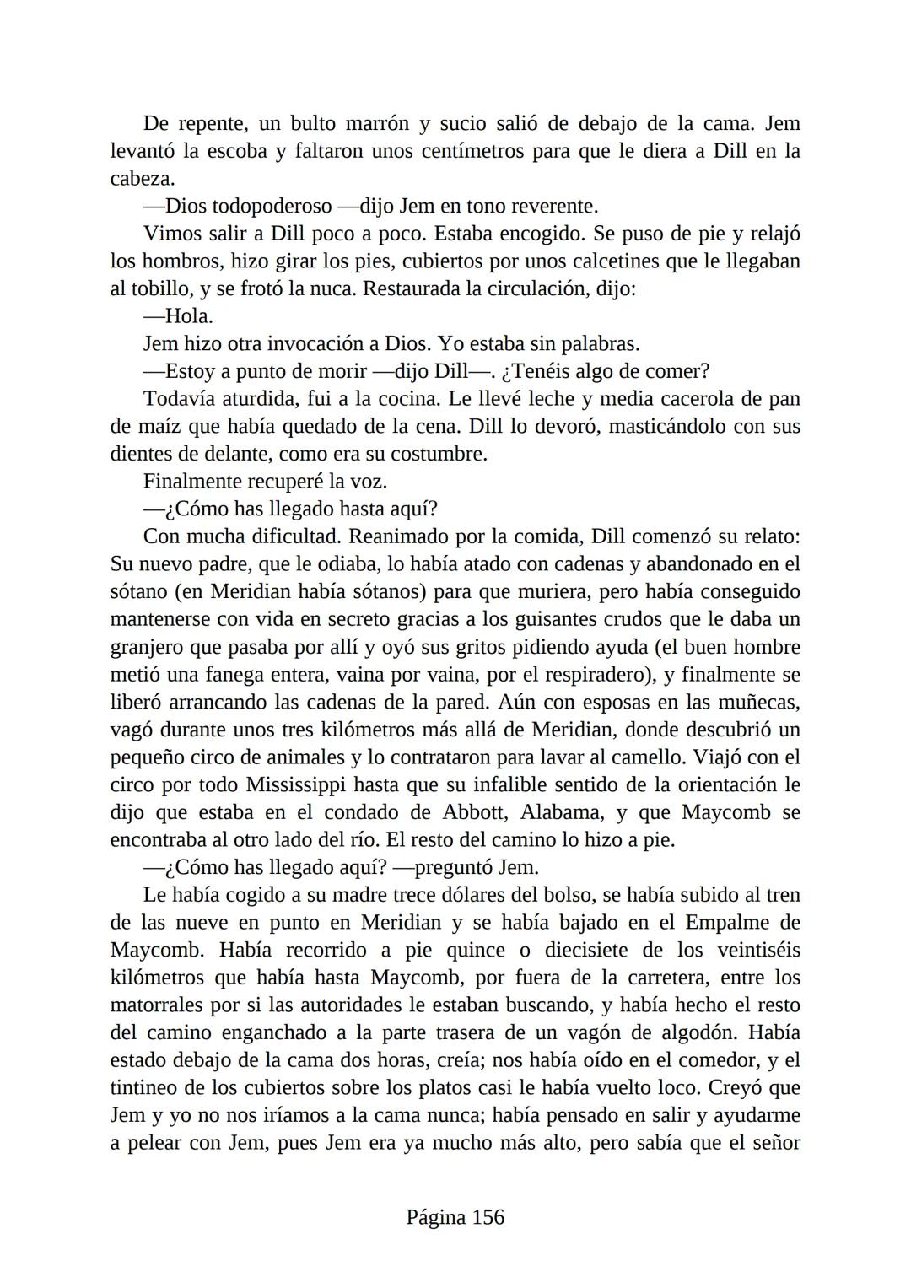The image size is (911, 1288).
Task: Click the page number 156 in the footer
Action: (x=488, y=1217)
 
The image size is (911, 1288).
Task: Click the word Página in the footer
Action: (x=435, y=1217)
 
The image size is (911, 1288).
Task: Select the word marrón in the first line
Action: (x=376, y=124)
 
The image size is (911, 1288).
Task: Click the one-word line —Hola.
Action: (x=178, y=316)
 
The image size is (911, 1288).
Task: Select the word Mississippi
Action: (x=295, y=784)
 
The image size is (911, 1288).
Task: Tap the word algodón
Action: (x=695, y=1032)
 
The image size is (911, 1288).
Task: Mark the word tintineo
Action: (x=145, y=1087)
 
